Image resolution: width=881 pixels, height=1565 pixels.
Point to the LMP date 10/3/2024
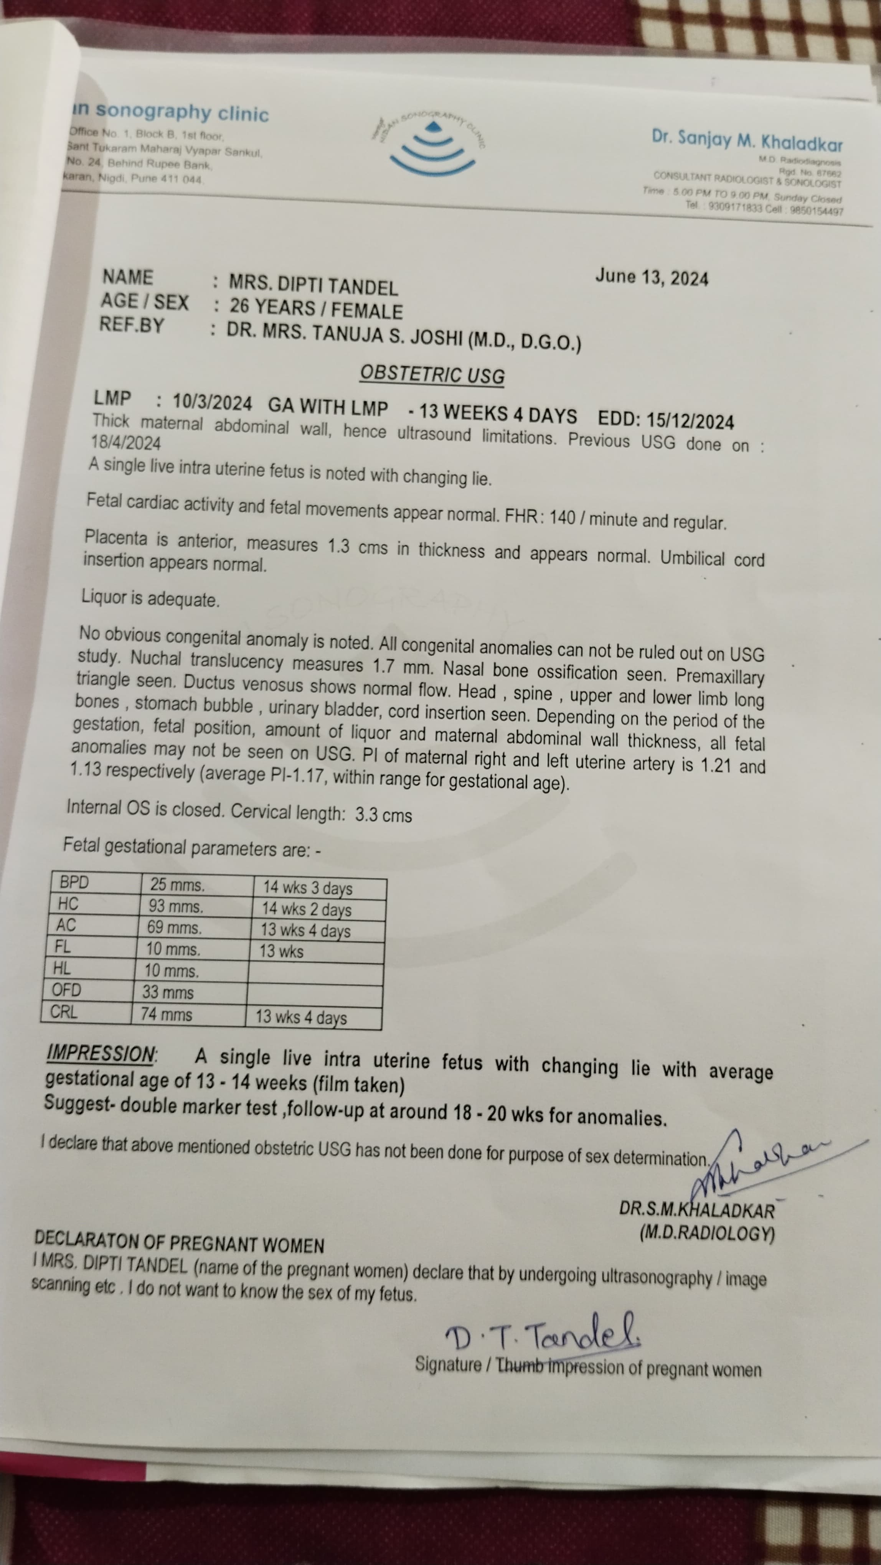pos(212,402)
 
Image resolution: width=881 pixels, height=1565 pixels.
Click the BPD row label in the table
pos(74,882)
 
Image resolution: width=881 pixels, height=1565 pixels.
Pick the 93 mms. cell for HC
pos(176,906)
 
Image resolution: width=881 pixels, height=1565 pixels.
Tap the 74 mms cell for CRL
pos(167,1014)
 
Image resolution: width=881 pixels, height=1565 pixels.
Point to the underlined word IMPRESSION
pos(101,1053)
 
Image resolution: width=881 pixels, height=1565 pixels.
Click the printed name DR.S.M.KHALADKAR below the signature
pos(696,1209)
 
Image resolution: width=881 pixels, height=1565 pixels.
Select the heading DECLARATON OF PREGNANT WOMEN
pos(179,1242)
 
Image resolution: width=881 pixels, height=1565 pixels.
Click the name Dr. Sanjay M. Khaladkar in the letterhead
pos(747,141)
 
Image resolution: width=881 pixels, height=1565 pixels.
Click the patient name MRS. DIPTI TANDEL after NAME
pos(313,285)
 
